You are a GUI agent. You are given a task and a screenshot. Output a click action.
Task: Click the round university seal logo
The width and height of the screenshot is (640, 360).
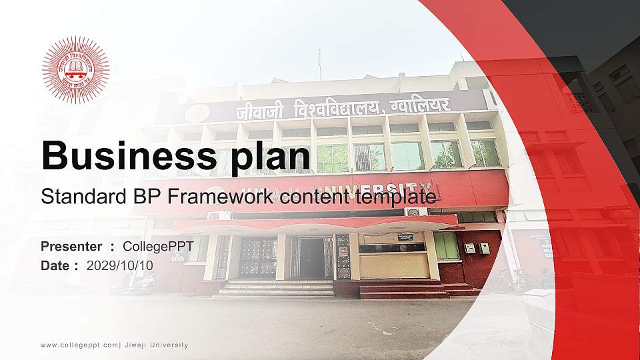[x=75, y=69]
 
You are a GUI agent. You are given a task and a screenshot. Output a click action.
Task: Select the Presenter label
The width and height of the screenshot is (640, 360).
[x=71, y=247]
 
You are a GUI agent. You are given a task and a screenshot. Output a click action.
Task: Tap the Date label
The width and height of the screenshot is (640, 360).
[x=55, y=265]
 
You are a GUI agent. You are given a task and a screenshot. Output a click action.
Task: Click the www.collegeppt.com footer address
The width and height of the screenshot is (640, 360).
[x=79, y=345]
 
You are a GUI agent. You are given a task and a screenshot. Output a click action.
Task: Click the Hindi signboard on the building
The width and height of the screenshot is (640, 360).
[x=343, y=107]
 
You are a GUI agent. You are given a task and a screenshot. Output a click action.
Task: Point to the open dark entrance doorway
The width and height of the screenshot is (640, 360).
[x=311, y=258]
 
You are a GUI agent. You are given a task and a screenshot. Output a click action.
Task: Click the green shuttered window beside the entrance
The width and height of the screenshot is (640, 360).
[x=447, y=246]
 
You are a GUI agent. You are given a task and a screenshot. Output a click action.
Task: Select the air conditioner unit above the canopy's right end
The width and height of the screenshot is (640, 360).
[x=415, y=211]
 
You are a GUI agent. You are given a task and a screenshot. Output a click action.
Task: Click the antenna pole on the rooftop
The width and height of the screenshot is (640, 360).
[x=319, y=65]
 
